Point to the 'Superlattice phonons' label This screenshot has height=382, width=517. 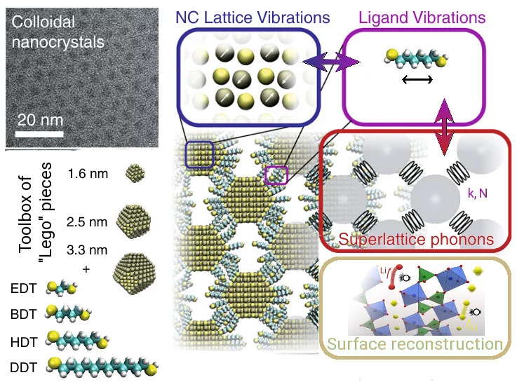tap(416, 240)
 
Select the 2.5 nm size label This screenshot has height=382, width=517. tap(88, 222)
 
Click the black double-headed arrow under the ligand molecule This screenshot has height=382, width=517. tap(416, 80)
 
